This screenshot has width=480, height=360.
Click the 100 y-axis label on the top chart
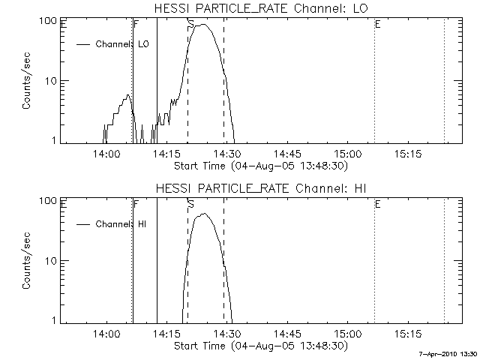click(50, 21)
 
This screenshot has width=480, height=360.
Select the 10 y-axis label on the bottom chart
click(52, 260)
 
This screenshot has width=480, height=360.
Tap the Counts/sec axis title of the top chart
click(26, 81)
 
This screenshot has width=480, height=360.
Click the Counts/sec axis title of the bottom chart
click(26, 261)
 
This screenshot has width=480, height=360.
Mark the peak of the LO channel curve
click(202, 25)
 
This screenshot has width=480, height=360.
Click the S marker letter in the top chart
click(191, 25)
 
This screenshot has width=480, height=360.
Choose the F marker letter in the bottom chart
click(136, 204)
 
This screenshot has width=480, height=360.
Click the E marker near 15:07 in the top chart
click(377, 25)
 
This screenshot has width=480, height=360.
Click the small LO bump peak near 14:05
click(128, 95)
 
